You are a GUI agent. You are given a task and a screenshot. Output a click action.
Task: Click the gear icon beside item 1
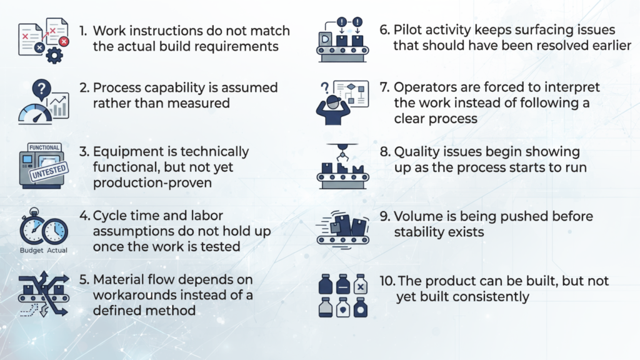[x=55, y=56]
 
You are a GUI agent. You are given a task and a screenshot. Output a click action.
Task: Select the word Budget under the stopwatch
[x=31, y=251]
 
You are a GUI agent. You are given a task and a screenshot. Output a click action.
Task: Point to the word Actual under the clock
[x=57, y=251]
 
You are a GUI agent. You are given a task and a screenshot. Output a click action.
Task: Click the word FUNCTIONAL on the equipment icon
[x=44, y=148]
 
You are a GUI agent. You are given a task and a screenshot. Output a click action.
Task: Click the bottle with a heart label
[x=343, y=307]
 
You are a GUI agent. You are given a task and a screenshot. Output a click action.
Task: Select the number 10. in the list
[x=387, y=281]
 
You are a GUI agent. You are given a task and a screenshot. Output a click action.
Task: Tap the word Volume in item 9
[x=415, y=216]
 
